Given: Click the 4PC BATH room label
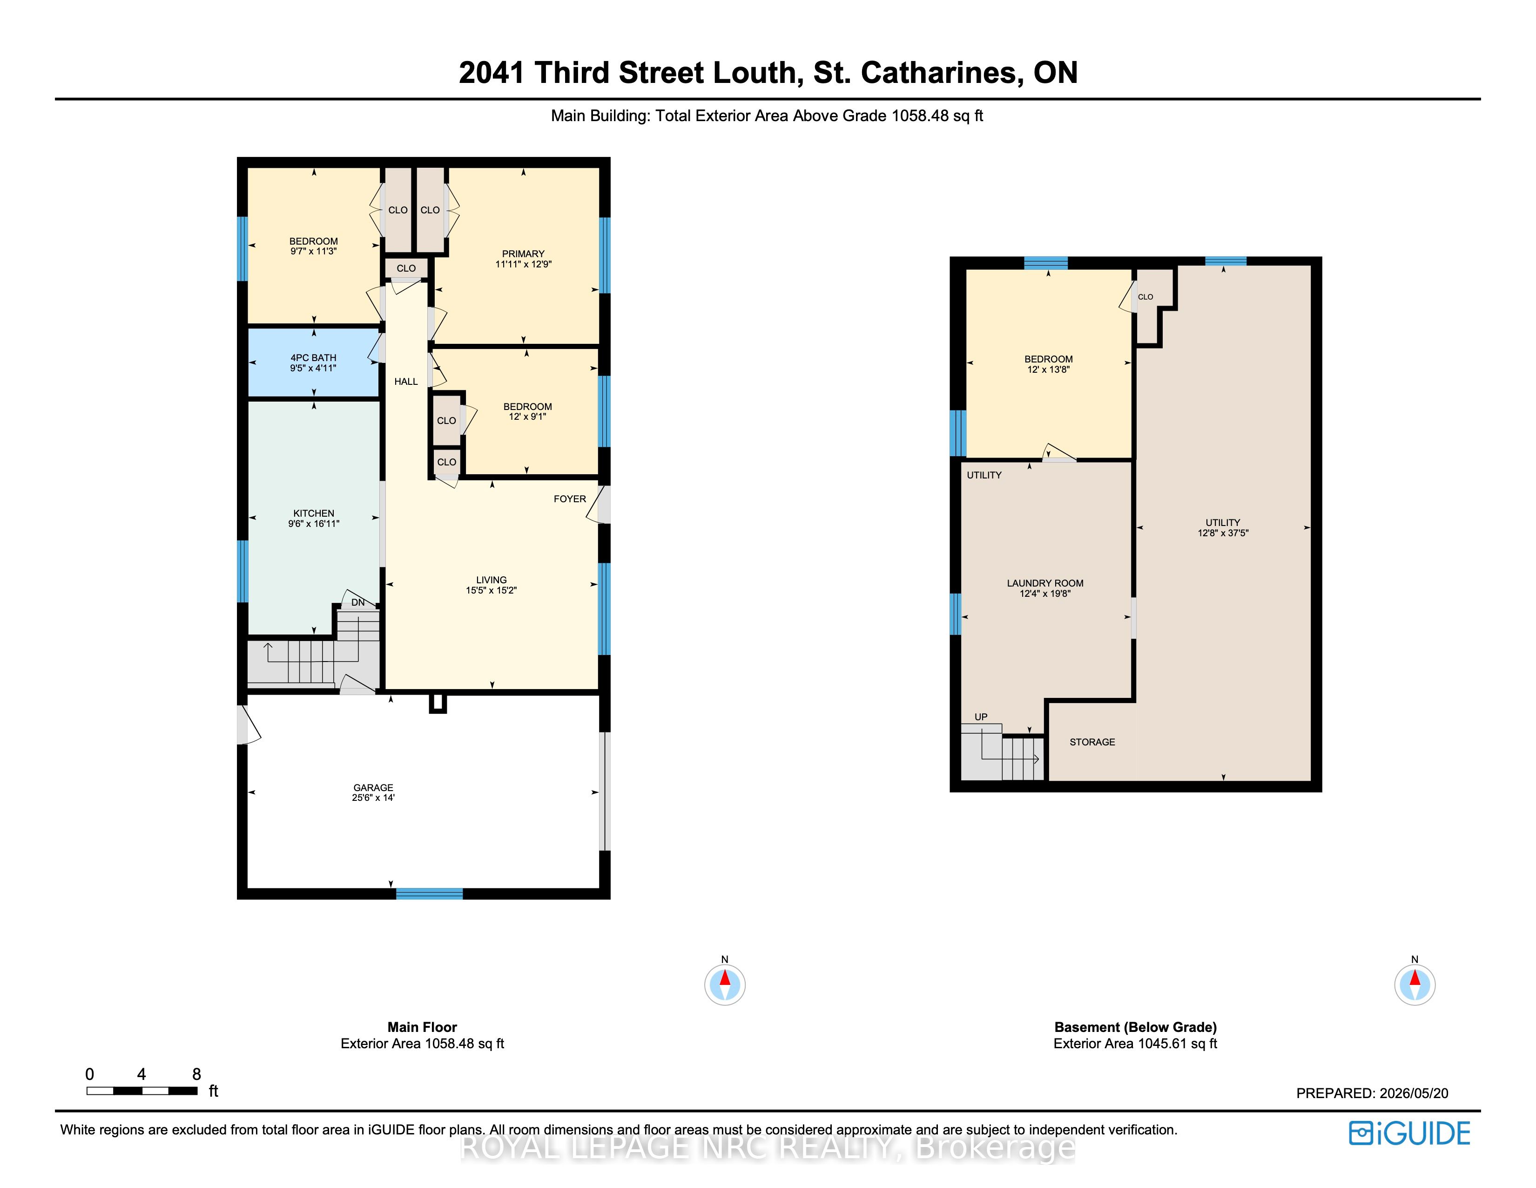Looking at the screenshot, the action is point(314,357).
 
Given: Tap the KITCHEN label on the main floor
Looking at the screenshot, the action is point(314,513).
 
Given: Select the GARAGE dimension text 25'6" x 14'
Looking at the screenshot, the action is point(373,798).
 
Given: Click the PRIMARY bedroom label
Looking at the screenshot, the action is point(523,253).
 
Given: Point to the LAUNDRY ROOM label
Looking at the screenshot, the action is point(1045,583).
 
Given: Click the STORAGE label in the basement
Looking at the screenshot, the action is point(1092,742).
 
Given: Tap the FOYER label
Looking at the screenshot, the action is point(570,498).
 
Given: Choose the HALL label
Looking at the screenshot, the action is point(406,382).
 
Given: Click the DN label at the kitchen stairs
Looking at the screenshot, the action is point(358,602).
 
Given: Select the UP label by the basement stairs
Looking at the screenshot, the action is point(981,717).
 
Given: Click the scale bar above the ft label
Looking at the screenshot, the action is point(142,1091).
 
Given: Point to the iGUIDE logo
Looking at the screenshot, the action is point(1409,1133).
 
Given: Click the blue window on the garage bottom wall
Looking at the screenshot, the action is point(429,894).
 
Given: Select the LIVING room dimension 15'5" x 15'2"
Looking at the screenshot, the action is point(491,590).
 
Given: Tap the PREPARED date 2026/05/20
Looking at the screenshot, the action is point(1414,1093).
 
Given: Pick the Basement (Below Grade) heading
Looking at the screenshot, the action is point(1136,1027).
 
